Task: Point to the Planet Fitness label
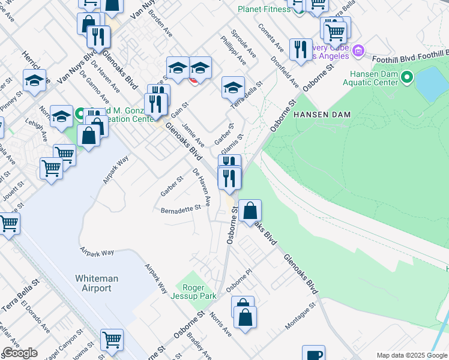pos(264,9)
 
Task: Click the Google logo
pos(20,353)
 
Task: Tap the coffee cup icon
pos(313,354)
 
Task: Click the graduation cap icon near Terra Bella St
pos(233,88)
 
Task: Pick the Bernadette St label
pos(180,209)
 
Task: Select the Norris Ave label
pos(220,325)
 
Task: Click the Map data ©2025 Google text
pos(412,355)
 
